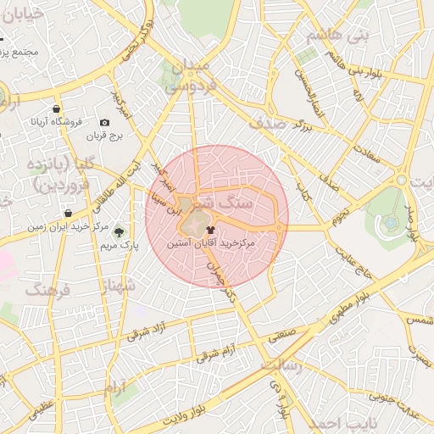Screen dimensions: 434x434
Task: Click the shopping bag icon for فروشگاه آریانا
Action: pos(56,109)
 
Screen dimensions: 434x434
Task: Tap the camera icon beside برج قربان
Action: pos(104,123)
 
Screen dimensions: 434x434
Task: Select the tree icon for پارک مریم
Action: pos(119,231)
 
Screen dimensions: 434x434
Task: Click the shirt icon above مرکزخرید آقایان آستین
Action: pos(210,228)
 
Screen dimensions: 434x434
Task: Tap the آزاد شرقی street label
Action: pos(148,330)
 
